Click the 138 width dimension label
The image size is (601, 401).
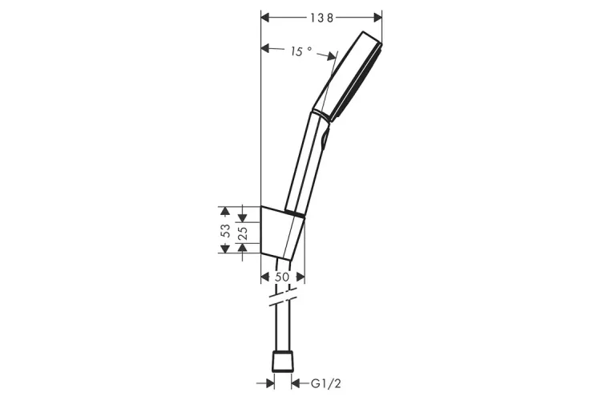tap(322, 18)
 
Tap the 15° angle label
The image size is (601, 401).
tap(300, 51)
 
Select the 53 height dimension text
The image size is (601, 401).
tap(226, 230)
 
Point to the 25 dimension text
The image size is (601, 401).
tap(243, 233)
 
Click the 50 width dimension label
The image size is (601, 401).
tap(282, 277)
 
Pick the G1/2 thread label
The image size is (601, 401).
tap(325, 383)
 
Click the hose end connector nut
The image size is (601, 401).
tap(283, 361)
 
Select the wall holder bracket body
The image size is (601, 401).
tap(283, 233)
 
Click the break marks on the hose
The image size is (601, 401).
tap(283, 296)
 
